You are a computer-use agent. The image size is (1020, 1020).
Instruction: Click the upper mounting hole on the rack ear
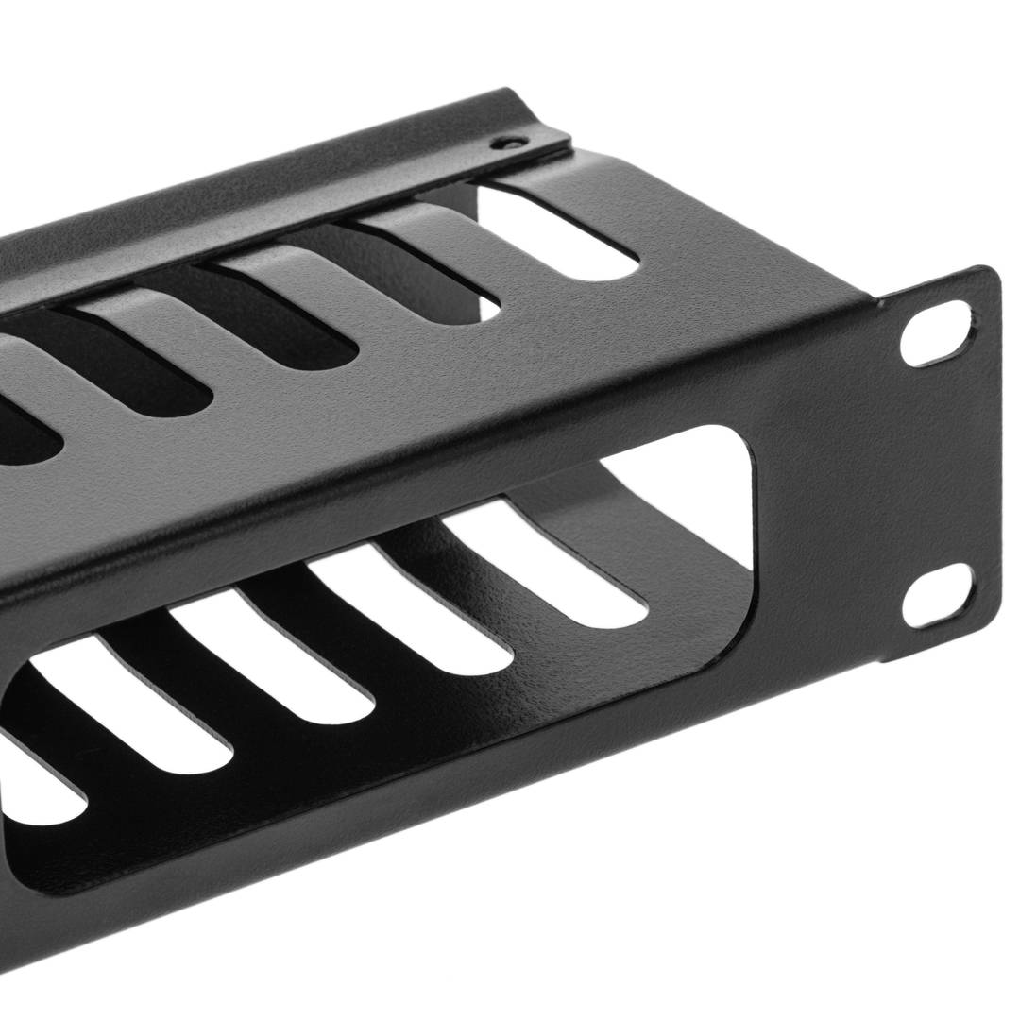pos(935,332)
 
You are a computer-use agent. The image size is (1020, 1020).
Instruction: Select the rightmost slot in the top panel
pos(557,231)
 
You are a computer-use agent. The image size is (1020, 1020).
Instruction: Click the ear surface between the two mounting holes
pos(935,463)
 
